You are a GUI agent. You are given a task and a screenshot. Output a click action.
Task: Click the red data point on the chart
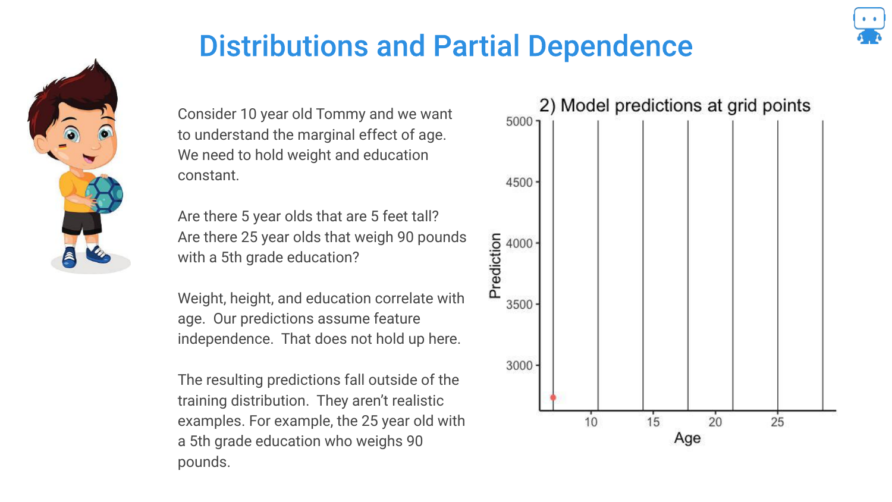[553, 397]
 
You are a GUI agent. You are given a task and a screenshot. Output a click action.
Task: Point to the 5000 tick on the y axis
[519, 121]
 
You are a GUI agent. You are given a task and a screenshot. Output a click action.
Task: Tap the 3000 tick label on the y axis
[519, 365]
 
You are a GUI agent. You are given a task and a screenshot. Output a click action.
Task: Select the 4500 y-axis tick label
[519, 183]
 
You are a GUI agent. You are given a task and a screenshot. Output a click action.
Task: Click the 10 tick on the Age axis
[591, 422]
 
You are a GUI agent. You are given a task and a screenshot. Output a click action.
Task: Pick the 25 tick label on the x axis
[777, 422]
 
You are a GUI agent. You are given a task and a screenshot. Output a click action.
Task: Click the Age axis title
[687, 438]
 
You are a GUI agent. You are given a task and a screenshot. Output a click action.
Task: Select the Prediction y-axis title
[495, 265]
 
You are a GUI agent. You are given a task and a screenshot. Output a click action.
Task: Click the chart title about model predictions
[674, 106]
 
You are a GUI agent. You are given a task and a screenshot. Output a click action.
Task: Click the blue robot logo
[869, 26]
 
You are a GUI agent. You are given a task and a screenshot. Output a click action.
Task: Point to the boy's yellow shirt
[74, 187]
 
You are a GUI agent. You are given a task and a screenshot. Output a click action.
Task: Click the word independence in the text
[225, 339]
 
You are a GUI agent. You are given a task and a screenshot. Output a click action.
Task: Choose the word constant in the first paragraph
[208, 175]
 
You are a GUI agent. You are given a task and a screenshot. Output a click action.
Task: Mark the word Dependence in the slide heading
[610, 46]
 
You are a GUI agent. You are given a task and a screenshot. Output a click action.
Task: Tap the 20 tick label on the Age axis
[715, 422]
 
